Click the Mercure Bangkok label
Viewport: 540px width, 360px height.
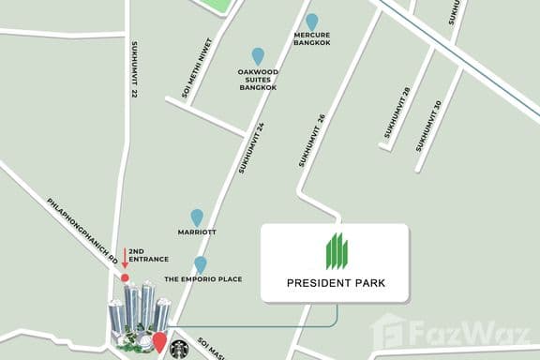(x=312, y=40)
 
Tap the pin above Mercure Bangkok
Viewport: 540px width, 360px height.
(x=312, y=21)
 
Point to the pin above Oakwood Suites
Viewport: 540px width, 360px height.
(x=258, y=56)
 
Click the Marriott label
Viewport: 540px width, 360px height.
(x=197, y=232)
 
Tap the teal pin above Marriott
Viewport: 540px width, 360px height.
(x=197, y=217)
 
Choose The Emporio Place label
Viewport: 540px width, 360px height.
(x=203, y=279)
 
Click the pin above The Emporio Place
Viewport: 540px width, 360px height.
(x=200, y=263)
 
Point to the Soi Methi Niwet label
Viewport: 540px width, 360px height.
(x=199, y=67)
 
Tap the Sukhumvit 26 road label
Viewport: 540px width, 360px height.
(x=311, y=141)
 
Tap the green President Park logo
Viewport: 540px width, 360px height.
(x=336, y=251)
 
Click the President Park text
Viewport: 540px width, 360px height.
(x=336, y=282)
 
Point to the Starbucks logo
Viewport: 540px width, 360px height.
(x=179, y=348)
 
